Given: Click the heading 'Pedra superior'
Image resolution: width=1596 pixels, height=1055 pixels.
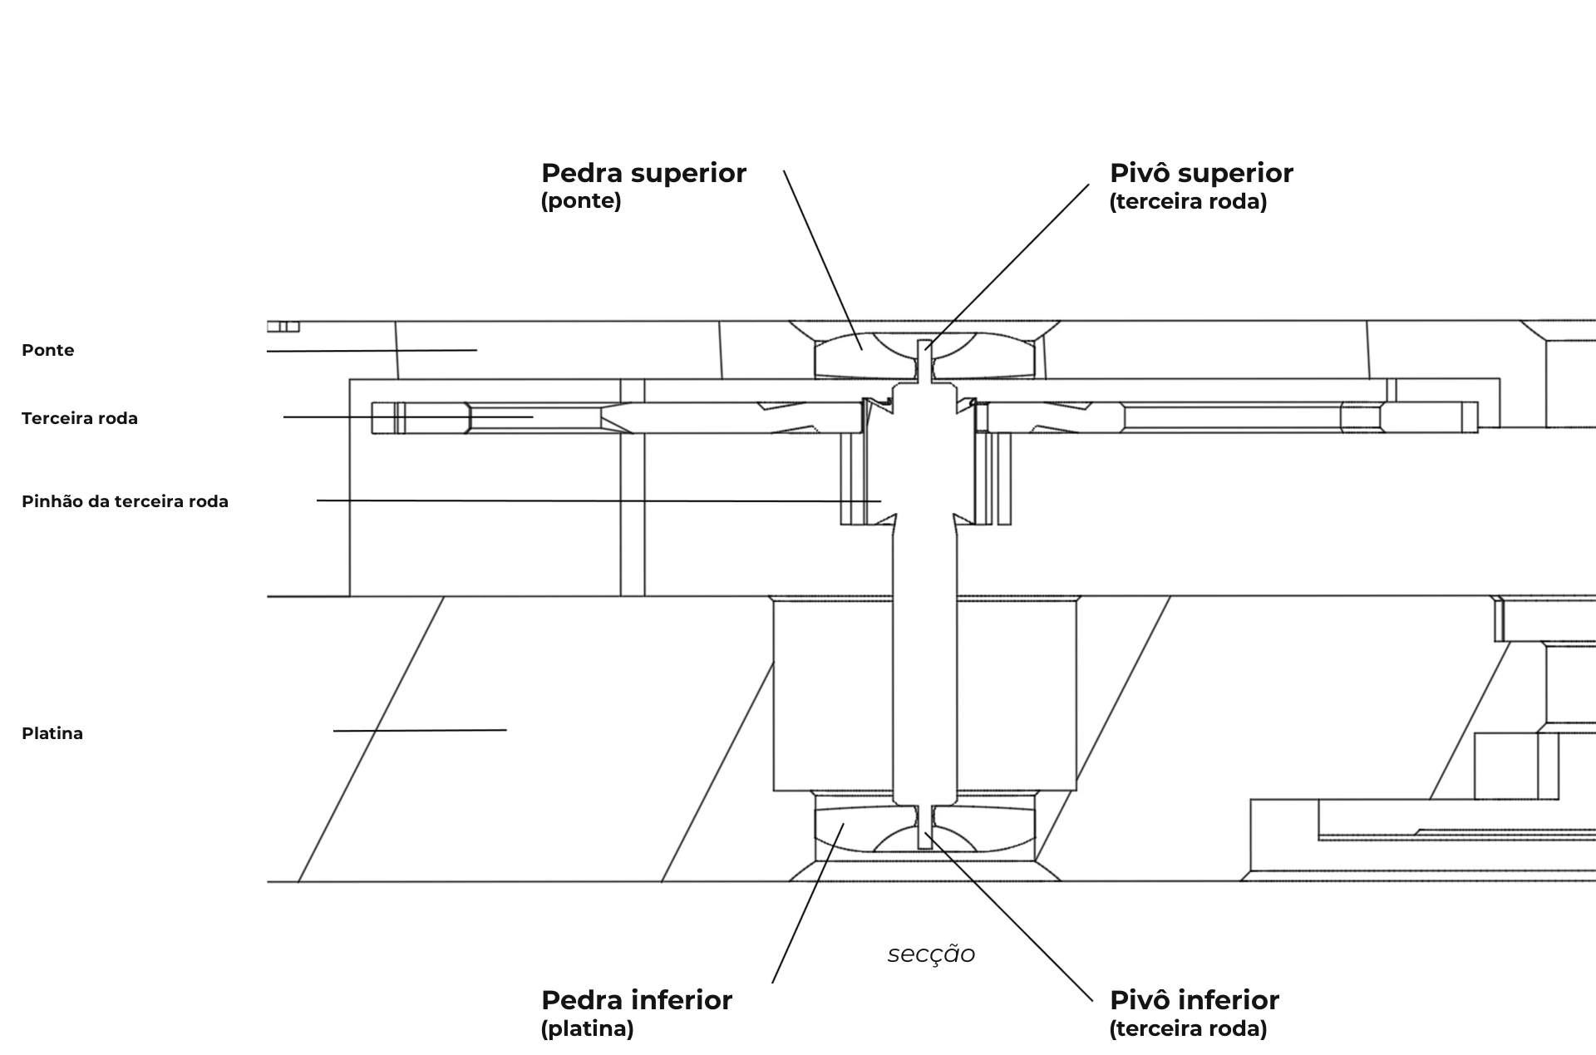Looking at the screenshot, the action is [643, 173].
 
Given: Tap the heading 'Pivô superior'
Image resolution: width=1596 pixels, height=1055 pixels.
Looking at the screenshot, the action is [1201, 173].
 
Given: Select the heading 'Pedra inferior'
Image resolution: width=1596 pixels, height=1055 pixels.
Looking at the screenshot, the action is [637, 999].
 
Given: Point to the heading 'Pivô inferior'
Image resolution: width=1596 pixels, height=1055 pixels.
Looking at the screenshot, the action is [1195, 999].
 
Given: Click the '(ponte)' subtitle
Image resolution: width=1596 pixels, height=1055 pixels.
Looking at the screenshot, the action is [581, 201].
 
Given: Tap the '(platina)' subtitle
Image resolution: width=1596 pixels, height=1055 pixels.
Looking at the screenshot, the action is [588, 1028].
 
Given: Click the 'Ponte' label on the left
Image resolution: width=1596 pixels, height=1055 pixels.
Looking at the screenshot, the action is [48, 350].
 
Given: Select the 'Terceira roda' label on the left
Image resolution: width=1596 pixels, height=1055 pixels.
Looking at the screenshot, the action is [80, 418].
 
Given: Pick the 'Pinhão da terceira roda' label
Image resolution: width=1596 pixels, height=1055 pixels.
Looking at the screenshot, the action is [125, 501].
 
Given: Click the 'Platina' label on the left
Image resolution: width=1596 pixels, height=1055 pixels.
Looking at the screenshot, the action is [52, 733].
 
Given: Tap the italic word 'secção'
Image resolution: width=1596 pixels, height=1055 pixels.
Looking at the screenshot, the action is [931, 954].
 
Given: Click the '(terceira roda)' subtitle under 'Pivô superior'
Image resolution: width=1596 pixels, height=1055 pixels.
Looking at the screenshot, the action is [1188, 201].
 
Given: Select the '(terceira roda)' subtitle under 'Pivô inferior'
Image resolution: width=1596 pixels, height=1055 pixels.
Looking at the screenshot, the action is [1188, 1028].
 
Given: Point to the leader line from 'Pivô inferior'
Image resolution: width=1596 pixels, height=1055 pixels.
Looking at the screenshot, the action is [1009, 917].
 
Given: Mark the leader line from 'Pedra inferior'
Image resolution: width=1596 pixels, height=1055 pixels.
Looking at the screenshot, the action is [808, 903].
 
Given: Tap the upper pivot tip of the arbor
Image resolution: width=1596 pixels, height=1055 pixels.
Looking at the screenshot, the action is [925, 341].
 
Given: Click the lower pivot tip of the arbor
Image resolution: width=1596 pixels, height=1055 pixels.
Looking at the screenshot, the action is [925, 846].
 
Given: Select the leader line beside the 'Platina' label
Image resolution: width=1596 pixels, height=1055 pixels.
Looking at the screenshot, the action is [420, 731].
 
